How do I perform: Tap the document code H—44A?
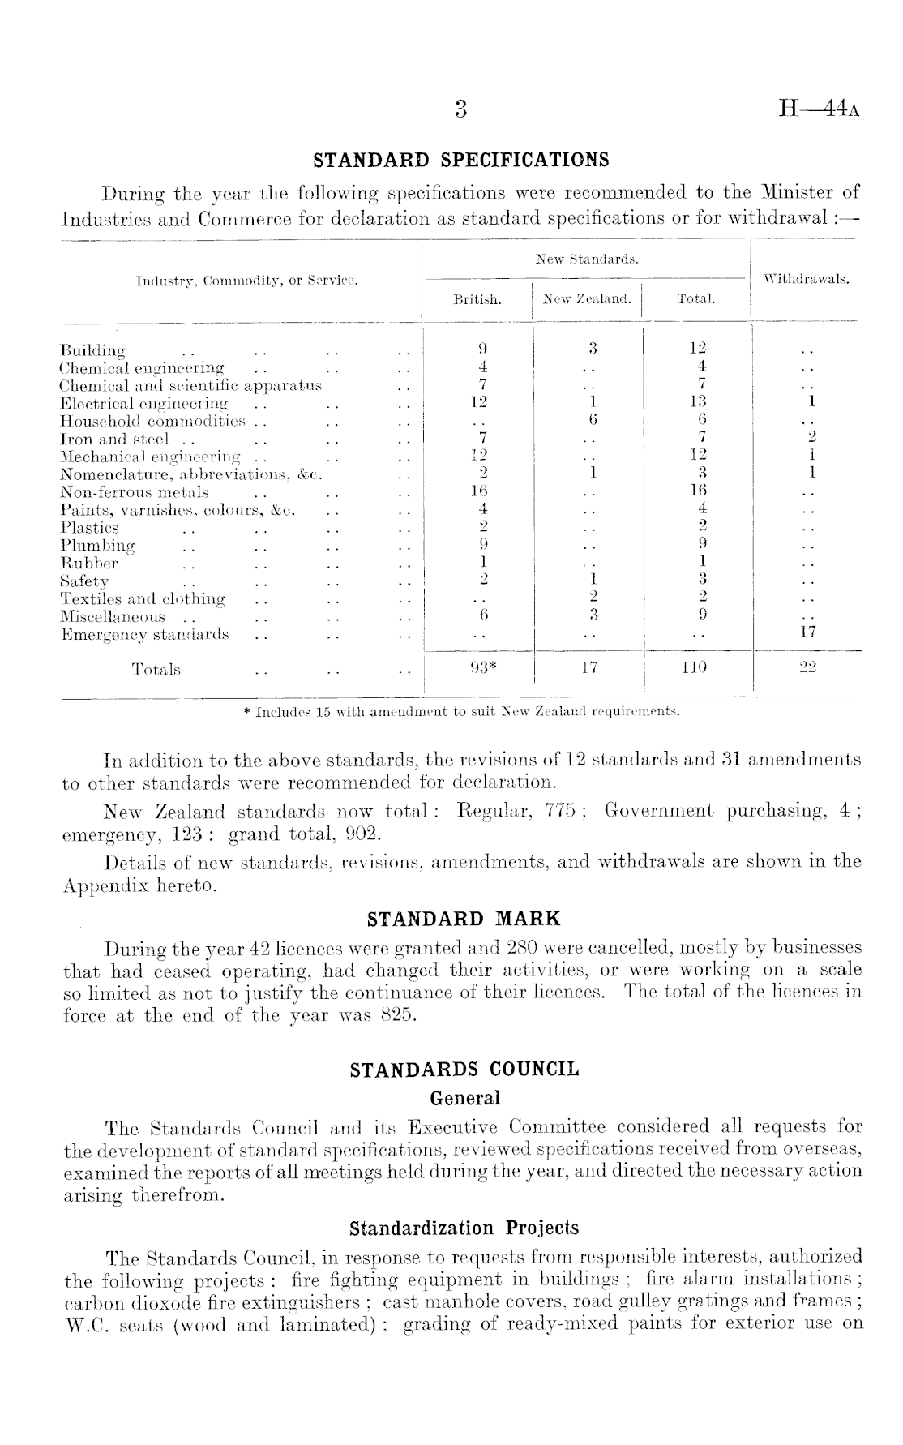pos(818,109)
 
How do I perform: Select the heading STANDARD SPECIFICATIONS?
pos(461,160)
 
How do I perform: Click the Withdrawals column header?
pos(807,279)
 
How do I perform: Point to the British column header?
pos(477,299)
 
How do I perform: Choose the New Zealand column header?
pos(587,299)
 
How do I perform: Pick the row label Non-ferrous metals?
pos(135,492)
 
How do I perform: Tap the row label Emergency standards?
pos(145,634)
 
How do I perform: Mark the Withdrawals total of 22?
pos(807,667)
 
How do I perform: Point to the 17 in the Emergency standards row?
pos(807,634)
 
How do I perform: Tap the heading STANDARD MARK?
pos(464,919)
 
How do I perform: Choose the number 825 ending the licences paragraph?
pos(397,1014)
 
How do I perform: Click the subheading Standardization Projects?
pos(464,1228)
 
